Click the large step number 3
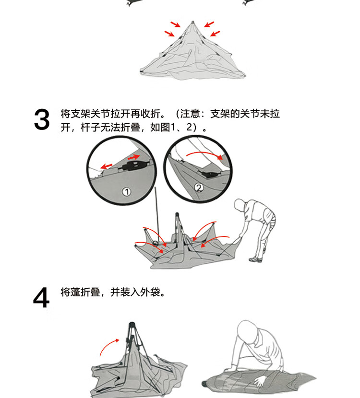click(x=42, y=119)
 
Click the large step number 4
click(x=41, y=297)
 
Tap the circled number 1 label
click(x=127, y=192)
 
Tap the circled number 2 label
click(x=199, y=188)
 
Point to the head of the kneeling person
click(x=246, y=330)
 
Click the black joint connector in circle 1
click(x=134, y=165)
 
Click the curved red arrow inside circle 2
click(x=205, y=153)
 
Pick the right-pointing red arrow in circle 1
click(x=133, y=157)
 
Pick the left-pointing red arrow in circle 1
click(x=107, y=166)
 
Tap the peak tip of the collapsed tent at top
click(x=192, y=22)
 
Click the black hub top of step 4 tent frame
click(x=132, y=325)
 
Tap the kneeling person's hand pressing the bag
click(x=260, y=381)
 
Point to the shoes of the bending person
click(x=256, y=259)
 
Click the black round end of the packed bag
click(x=204, y=383)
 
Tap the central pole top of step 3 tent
click(x=177, y=214)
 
